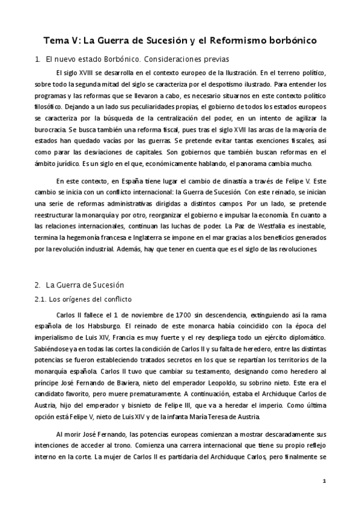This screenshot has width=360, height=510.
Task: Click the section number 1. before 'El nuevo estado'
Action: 37,59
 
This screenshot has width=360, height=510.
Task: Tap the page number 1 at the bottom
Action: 324,481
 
